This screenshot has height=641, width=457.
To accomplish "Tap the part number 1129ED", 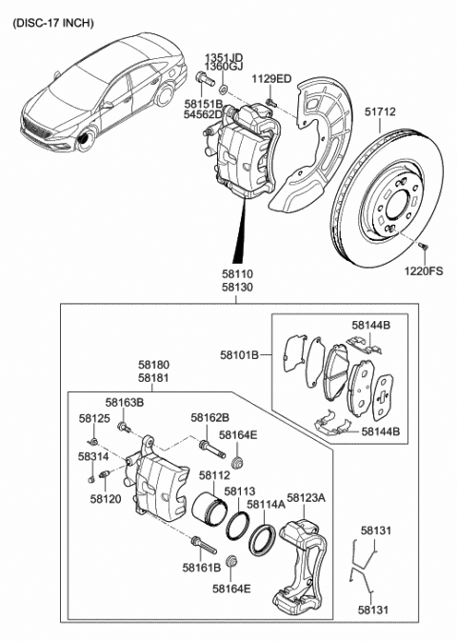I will pos(272,79).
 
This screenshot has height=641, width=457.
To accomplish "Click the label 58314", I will pos(93,457).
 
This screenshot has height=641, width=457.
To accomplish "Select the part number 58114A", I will pos(267,505).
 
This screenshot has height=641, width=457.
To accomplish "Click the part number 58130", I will pos(238,285).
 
